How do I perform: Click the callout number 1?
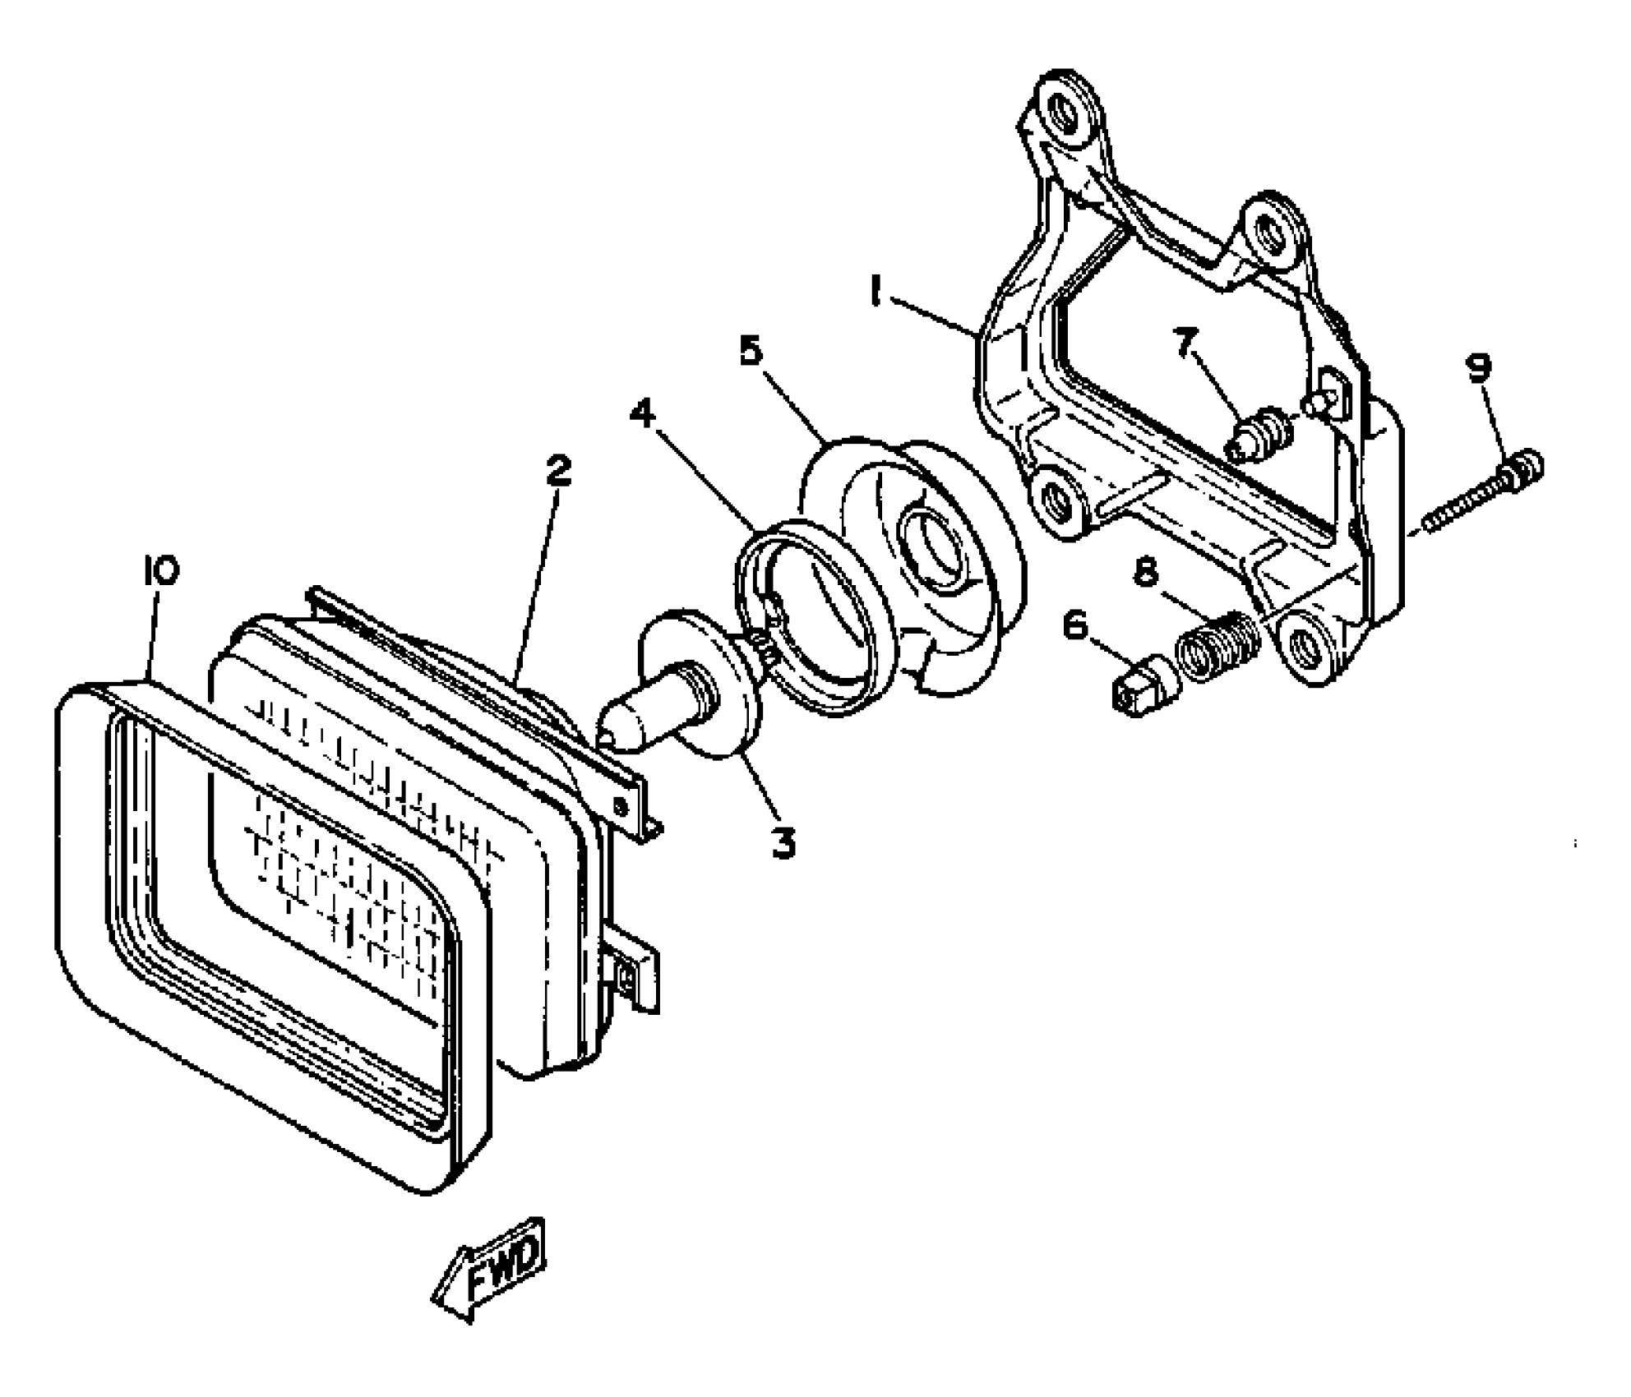click(x=876, y=292)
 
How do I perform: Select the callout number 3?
click(x=783, y=842)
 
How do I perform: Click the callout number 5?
click(x=751, y=351)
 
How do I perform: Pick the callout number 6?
click(x=1074, y=626)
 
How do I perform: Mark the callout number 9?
click(x=1479, y=367)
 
